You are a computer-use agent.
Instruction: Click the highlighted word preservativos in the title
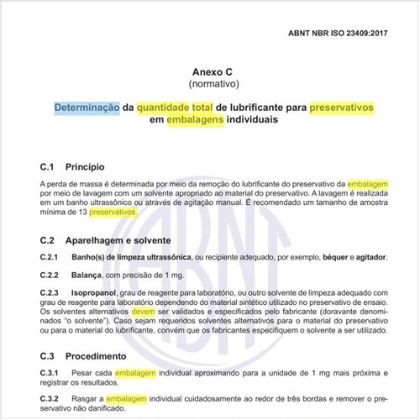(x=333, y=108)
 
